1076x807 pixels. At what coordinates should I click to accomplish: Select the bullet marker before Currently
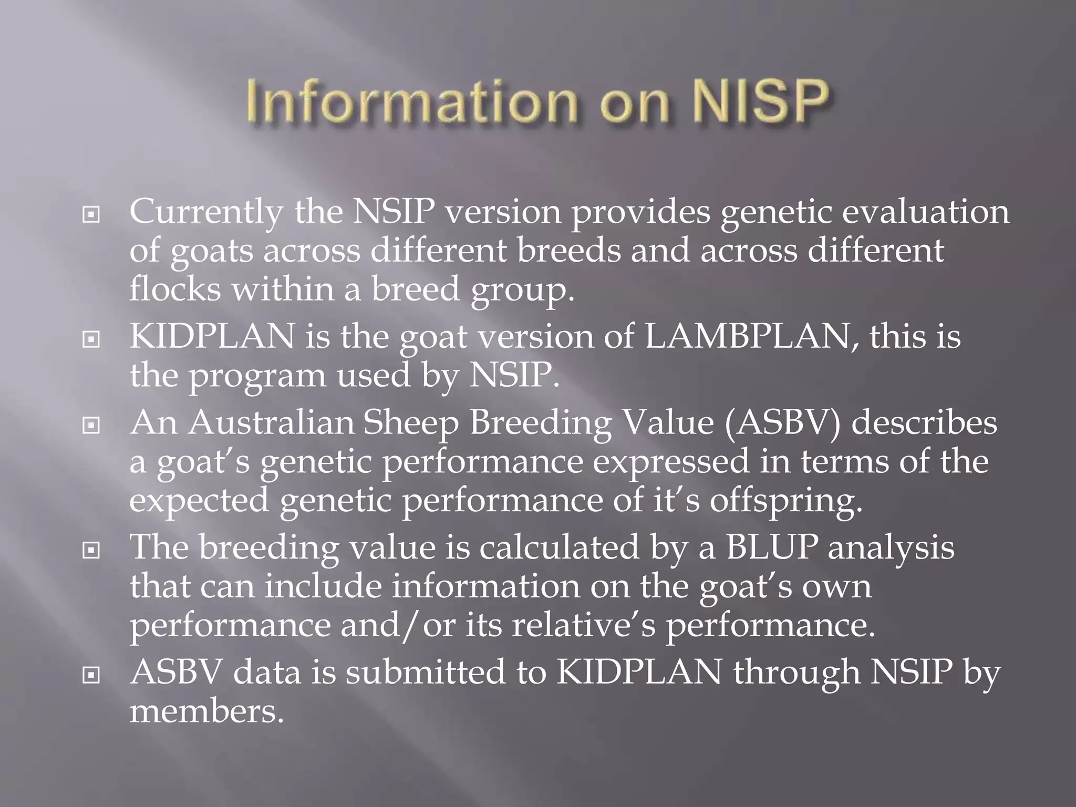(91, 215)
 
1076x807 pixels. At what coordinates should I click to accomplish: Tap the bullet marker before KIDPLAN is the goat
(91, 340)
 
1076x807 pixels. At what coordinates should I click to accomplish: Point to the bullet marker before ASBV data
(91, 676)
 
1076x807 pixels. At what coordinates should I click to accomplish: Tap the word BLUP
(772, 547)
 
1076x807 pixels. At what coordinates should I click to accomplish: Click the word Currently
(206, 212)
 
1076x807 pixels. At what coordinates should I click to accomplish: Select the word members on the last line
(206, 711)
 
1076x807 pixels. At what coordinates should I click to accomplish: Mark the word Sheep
(410, 423)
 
